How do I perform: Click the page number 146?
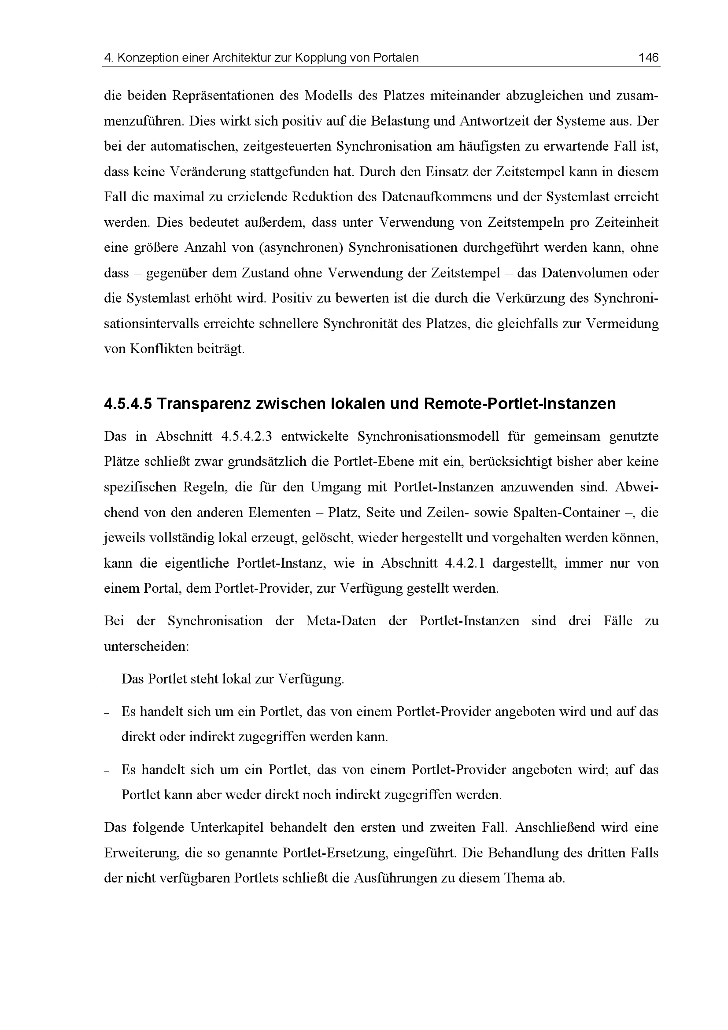[648, 57]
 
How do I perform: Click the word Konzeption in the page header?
[146, 58]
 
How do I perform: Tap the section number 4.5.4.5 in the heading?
[128, 404]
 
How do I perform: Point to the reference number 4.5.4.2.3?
[247, 436]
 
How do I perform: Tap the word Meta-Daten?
[341, 621]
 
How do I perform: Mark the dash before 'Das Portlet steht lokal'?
[107, 680]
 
